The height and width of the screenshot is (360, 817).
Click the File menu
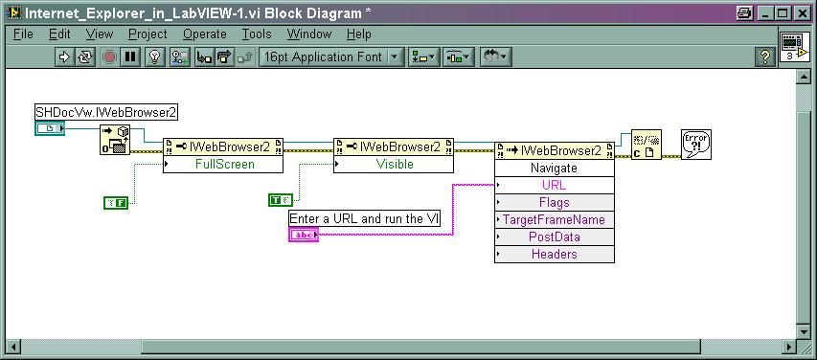[23, 34]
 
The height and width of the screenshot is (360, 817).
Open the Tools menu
[257, 34]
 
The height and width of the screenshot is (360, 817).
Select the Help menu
[359, 34]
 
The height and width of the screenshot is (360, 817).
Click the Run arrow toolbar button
[64, 56]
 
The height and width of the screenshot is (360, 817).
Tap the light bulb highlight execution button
[154, 56]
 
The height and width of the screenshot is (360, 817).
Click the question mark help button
[765, 56]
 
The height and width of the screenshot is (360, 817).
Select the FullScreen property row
[223, 164]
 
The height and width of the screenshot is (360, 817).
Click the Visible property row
[394, 164]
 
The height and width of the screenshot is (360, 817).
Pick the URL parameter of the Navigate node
[555, 185]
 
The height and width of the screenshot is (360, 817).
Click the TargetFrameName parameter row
[555, 219]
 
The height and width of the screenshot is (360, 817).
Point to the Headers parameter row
[555, 255]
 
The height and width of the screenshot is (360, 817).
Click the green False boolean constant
[116, 203]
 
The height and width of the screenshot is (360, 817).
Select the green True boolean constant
[281, 199]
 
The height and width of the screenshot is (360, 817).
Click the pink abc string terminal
[304, 235]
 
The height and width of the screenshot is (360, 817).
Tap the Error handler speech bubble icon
[696, 145]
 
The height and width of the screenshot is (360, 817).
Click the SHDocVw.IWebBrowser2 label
[106, 112]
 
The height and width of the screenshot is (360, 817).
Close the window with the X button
[802, 13]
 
